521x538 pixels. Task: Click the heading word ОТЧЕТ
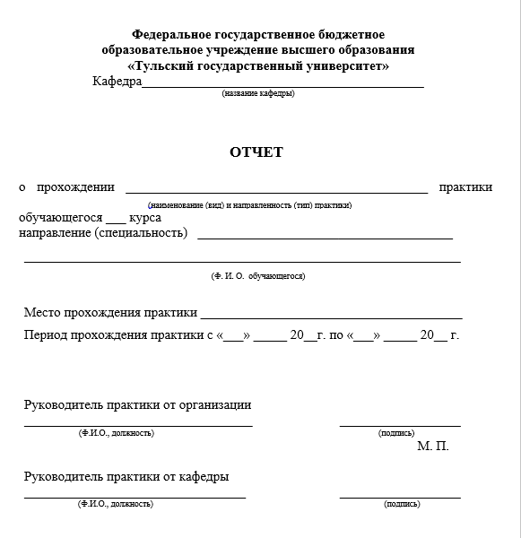click(256, 152)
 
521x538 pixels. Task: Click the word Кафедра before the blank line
click(117, 82)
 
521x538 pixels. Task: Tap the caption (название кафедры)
click(258, 93)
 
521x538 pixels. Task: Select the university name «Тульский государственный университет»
click(259, 65)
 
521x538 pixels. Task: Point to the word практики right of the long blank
click(465, 187)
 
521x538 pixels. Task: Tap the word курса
click(145, 218)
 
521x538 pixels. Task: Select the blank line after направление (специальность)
click(325, 239)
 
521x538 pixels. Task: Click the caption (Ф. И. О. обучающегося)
click(258, 276)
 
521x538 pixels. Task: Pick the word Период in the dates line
click(48, 335)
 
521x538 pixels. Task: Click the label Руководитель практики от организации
click(137, 405)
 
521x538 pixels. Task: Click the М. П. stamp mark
click(432, 446)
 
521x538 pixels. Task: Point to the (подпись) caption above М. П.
click(397, 433)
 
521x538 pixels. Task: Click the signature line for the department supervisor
click(400, 497)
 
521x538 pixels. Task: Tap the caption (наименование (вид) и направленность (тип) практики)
click(250, 205)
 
